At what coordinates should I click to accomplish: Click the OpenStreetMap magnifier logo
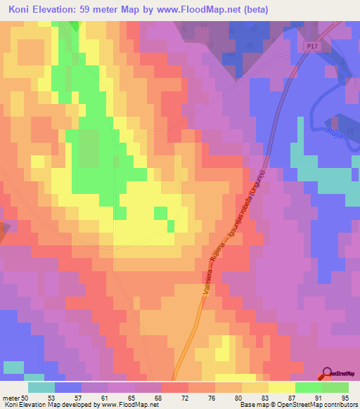[327, 373]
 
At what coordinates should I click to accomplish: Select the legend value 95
[345, 398]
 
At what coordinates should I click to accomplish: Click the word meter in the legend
[11, 398]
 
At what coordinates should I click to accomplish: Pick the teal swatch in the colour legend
[41, 387]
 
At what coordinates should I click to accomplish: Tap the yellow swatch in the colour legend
[282, 387]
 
